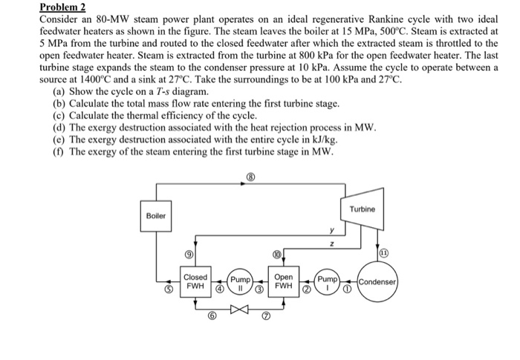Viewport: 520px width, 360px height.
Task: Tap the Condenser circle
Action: (380, 282)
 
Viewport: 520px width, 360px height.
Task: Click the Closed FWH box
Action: (195, 282)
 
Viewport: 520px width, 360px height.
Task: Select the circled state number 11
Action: (383, 253)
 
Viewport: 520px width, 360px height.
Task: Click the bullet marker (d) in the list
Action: (59, 127)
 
